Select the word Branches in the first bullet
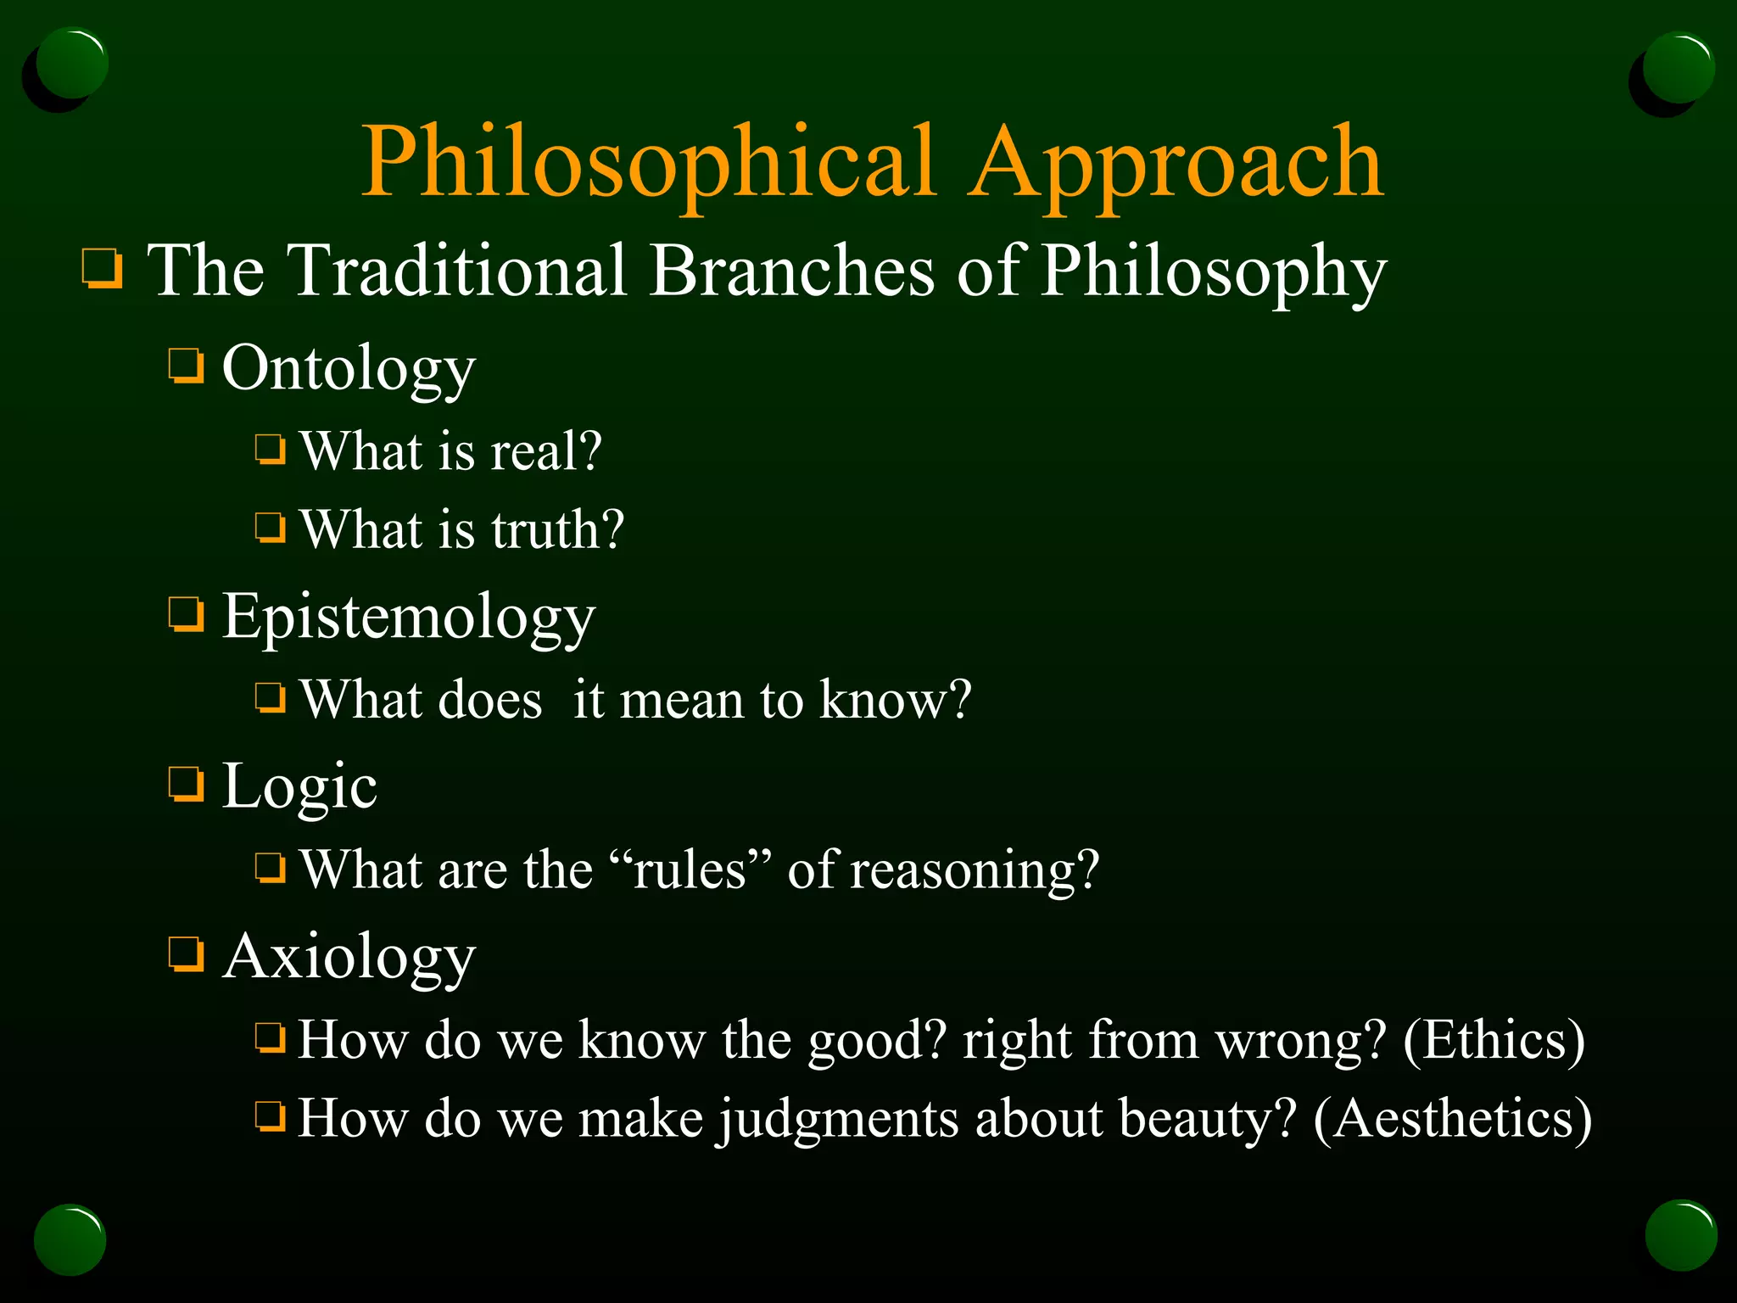[792, 271]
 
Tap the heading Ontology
[348, 369]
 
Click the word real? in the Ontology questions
[546, 450]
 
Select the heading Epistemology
[408, 618]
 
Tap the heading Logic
[299, 787]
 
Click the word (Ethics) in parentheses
[1494, 1040]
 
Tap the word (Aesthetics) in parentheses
[1452, 1119]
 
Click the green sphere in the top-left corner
[72, 64]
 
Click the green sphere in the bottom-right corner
[1680, 1235]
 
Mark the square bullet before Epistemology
[186, 614]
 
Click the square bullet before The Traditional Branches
[103, 269]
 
